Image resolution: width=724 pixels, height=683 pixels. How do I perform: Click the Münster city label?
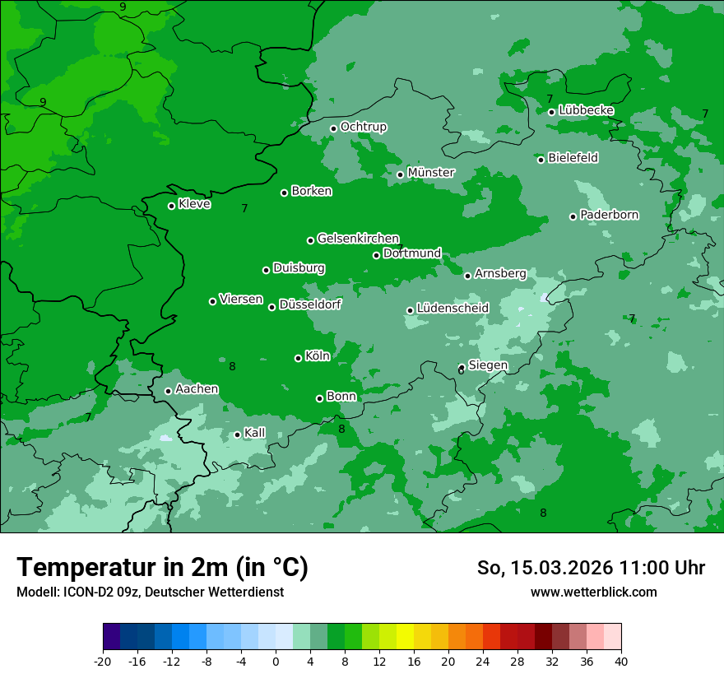coord(431,173)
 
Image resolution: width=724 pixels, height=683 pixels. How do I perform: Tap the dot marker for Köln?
coord(298,358)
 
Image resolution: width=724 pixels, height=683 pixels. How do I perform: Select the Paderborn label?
coord(610,215)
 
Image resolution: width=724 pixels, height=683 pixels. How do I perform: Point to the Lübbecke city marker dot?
coord(551,112)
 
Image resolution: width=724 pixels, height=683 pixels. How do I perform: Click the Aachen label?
coord(197,389)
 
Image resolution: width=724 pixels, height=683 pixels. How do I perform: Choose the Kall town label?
coord(255,433)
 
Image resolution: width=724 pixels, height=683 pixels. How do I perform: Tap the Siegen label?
coord(488,365)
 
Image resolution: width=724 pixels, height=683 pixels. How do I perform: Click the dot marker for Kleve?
coord(171,206)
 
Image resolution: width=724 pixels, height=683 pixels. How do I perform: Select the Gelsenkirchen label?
coord(358,239)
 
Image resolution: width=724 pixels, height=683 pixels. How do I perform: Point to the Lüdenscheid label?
coord(452,309)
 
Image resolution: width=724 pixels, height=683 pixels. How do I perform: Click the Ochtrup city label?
coord(363,127)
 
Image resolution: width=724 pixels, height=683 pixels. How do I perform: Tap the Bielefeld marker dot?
coord(541,159)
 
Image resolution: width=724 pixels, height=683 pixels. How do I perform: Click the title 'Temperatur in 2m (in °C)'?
coord(162,567)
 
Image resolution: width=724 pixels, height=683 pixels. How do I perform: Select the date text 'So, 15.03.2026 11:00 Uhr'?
coord(591,568)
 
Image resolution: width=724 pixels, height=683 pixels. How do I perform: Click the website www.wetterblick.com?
coord(593,592)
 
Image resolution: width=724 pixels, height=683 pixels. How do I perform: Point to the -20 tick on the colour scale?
coord(103,661)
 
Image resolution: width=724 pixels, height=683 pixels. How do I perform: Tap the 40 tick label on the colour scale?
coord(620,661)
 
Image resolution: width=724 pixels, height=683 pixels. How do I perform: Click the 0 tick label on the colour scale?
coord(276,661)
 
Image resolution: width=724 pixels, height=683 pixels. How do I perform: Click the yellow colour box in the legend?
coord(405,637)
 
